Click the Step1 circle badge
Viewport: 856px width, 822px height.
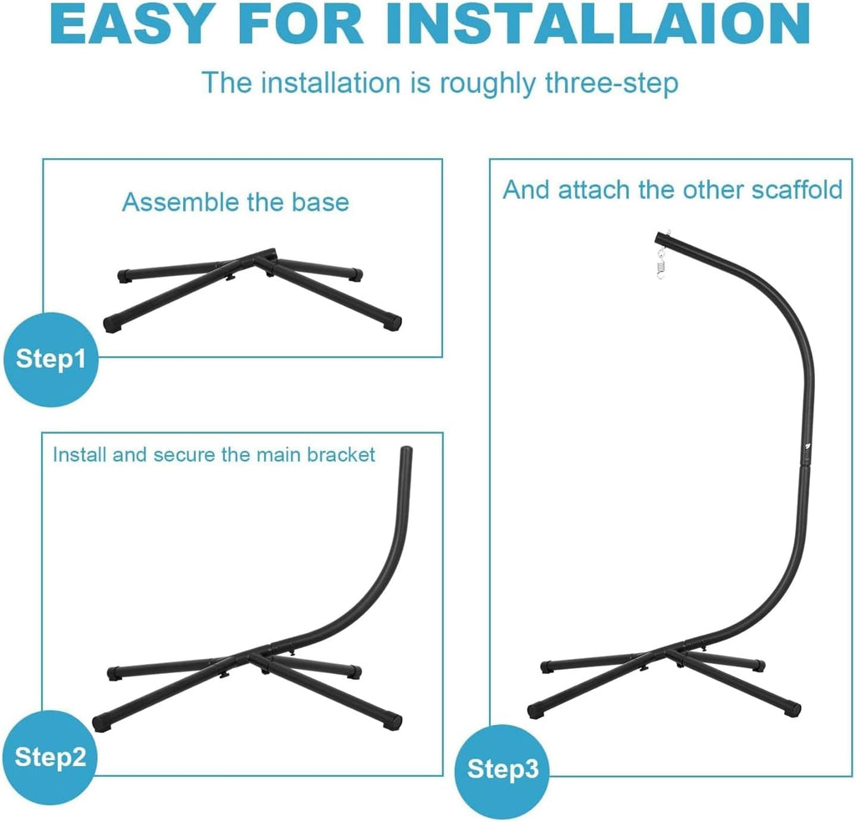pyautogui.click(x=51, y=360)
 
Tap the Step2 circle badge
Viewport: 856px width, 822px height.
pyautogui.click(x=49, y=758)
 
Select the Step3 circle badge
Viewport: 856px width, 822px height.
pyautogui.click(x=502, y=770)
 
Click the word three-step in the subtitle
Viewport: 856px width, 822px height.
pyautogui.click(x=611, y=84)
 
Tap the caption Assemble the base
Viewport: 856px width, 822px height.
pyautogui.click(x=235, y=202)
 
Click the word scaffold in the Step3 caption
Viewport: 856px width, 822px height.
pyautogui.click(x=797, y=190)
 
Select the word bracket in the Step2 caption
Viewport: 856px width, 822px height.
pyautogui.click(x=341, y=454)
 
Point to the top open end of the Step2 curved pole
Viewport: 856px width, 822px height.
pyautogui.click(x=406, y=450)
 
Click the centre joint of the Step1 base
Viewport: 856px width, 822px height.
pyautogui.click(x=261, y=259)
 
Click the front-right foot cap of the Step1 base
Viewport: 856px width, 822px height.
pyautogui.click(x=393, y=322)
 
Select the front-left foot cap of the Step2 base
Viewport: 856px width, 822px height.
pyautogui.click(x=101, y=723)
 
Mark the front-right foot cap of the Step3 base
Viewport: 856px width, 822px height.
pyautogui.click(x=792, y=709)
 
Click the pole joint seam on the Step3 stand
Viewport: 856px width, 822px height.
pyautogui.click(x=805, y=465)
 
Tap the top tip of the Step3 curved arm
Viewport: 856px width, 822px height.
pyautogui.click(x=660, y=237)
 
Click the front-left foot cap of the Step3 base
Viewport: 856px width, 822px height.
pyautogui.click(x=536, y=711)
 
